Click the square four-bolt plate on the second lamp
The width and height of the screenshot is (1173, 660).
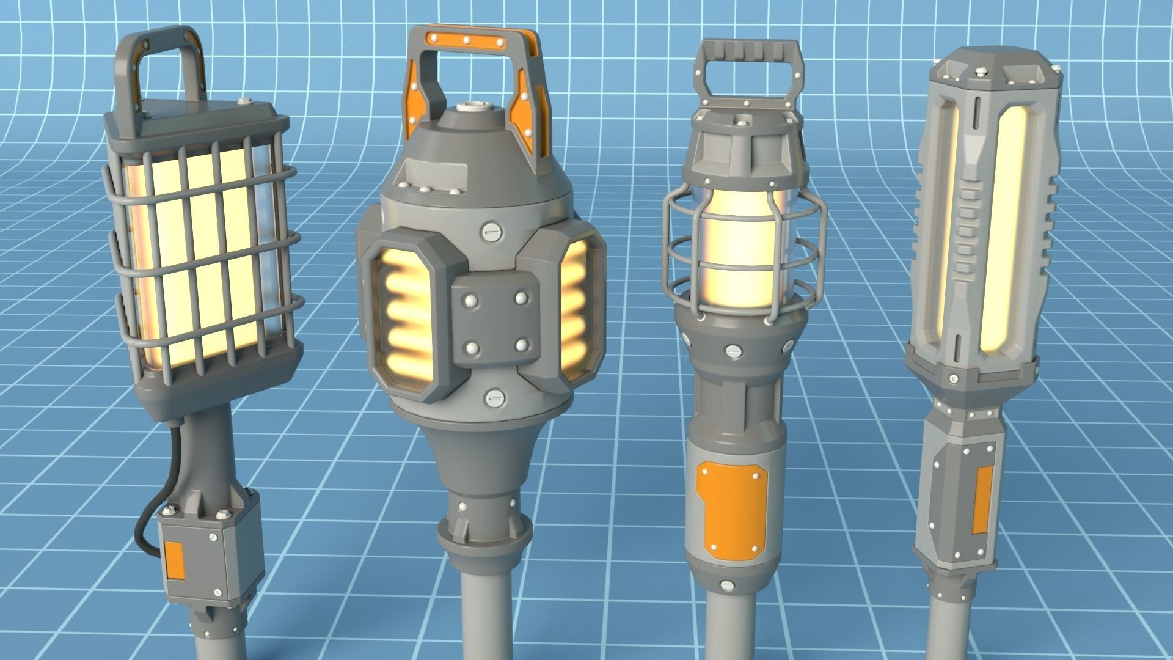496,323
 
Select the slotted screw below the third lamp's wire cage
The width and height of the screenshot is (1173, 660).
731,351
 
